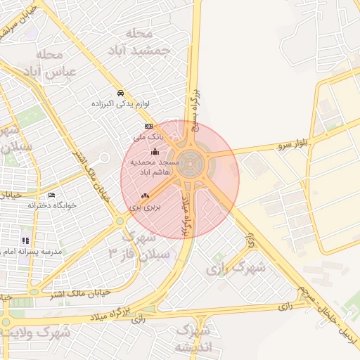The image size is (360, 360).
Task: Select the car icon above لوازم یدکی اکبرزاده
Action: tap(121, 93)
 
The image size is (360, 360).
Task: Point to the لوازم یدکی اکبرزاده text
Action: tap(122, 104)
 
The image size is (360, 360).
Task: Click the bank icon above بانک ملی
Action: tap(148, 126)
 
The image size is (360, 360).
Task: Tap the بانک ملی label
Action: tap(148, 137)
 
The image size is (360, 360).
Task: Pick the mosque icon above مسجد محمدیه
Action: tap(155, 151)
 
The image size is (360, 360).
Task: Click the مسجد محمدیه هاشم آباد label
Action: tap(155, 167)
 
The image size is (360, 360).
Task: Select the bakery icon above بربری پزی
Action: tap(145, 195)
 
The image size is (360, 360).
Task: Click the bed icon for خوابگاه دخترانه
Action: tap(51, 195)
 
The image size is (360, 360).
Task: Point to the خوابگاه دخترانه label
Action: tap(51, 206)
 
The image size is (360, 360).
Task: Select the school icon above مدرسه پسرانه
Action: tap(26, 240)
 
